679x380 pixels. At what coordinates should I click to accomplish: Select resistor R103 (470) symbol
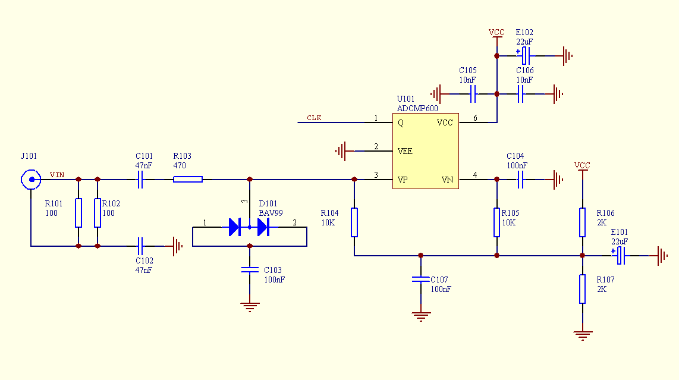(x=188, y=179)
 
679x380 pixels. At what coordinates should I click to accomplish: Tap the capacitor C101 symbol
(x=141, y=179)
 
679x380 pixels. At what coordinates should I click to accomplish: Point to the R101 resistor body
(x=78, y=213)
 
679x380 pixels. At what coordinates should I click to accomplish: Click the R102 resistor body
(x=97, y=213)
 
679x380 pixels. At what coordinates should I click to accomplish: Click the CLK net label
(x=314, y=118)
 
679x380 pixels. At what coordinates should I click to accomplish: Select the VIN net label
(x=57, y=175)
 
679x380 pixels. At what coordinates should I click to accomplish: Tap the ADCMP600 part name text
(x=417, y=108)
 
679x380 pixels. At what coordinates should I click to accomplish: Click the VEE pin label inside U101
(x=405, y=151)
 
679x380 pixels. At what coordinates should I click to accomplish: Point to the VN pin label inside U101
(x=447, y=180)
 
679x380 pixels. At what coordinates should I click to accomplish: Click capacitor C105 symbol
(x=474, y=93)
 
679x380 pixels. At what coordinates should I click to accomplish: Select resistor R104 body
(x=354, y=222)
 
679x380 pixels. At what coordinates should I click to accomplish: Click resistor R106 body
(x=583, y=222)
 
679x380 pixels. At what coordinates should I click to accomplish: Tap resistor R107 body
(x=583, y=289)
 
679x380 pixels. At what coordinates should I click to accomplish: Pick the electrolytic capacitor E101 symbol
(x=620, y=256)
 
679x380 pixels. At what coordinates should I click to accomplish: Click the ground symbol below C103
(x=250, y=307)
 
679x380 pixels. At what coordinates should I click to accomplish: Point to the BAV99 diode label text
(x=271, y=212)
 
